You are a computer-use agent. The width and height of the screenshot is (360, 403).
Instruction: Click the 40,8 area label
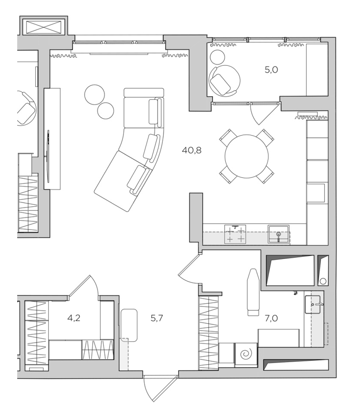[191, 150]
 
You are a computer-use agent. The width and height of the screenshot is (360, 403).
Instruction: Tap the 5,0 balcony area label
[271, 70]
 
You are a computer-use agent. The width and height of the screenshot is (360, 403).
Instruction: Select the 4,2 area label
[74, 318]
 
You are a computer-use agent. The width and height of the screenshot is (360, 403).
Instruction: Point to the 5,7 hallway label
[157, 318]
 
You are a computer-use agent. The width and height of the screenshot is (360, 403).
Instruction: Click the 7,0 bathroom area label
[271, 318]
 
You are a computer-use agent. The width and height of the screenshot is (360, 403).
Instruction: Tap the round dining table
[246, 156]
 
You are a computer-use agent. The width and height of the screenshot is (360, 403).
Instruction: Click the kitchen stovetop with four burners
[235, 234]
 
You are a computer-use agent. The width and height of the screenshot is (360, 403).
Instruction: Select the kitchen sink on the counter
[278, 234]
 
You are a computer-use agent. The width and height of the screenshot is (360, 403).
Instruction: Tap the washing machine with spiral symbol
[246, 355]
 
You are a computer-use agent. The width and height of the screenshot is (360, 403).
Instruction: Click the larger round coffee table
[94, 95]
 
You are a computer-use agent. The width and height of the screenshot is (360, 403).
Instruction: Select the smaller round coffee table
[106, 111]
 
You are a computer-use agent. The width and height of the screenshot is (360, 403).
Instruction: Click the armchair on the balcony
[224, 81]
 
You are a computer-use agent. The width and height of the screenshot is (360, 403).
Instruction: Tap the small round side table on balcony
[218, 57]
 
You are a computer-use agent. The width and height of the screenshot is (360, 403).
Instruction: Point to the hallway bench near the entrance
[129, 325]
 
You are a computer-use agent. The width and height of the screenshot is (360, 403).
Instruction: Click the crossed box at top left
[43, 27]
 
